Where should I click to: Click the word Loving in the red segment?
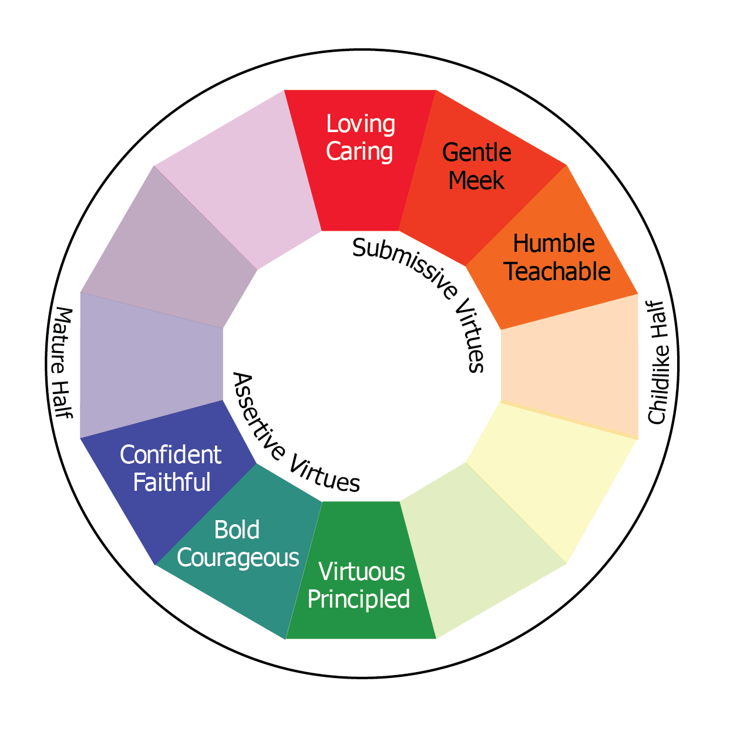(x=361, y=124)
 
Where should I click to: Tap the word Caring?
(x=359, y=151)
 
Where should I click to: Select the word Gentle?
(x=476, y=153)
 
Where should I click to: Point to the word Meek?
(x=476, y=180)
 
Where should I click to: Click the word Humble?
(x=554, y=244)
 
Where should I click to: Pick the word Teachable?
(x=557, y=271)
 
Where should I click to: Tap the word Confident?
(x=170, y=455)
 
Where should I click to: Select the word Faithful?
(x=171, y=483)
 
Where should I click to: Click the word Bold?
(x=237, y=530)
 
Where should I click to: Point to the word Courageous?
(x=238, y=558)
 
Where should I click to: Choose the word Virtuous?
(x=362, y=572)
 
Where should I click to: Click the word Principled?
(x=359, y=599)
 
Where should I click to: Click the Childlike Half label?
(x=657, y=362)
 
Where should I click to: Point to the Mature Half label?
(x=61, y=362)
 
